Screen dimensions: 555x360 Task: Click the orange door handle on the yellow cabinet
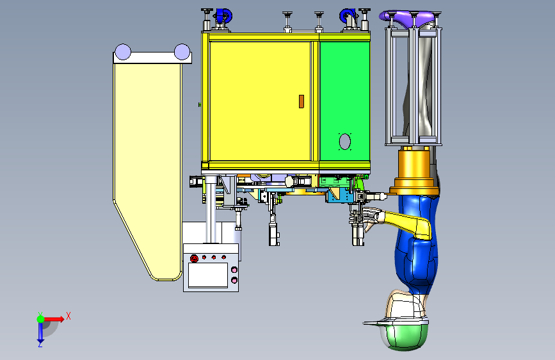coord(302,101)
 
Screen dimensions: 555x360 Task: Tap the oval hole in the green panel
coord(345,142)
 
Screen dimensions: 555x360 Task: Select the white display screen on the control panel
coord(208,275)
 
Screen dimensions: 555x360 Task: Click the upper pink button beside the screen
coord(234,270)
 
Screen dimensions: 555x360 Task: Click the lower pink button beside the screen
coord(234,281)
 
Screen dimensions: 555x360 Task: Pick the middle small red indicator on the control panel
coord(213,258)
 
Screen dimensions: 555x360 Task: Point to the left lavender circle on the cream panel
coord(123,52)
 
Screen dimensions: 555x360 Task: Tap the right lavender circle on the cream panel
coord(182,52)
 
